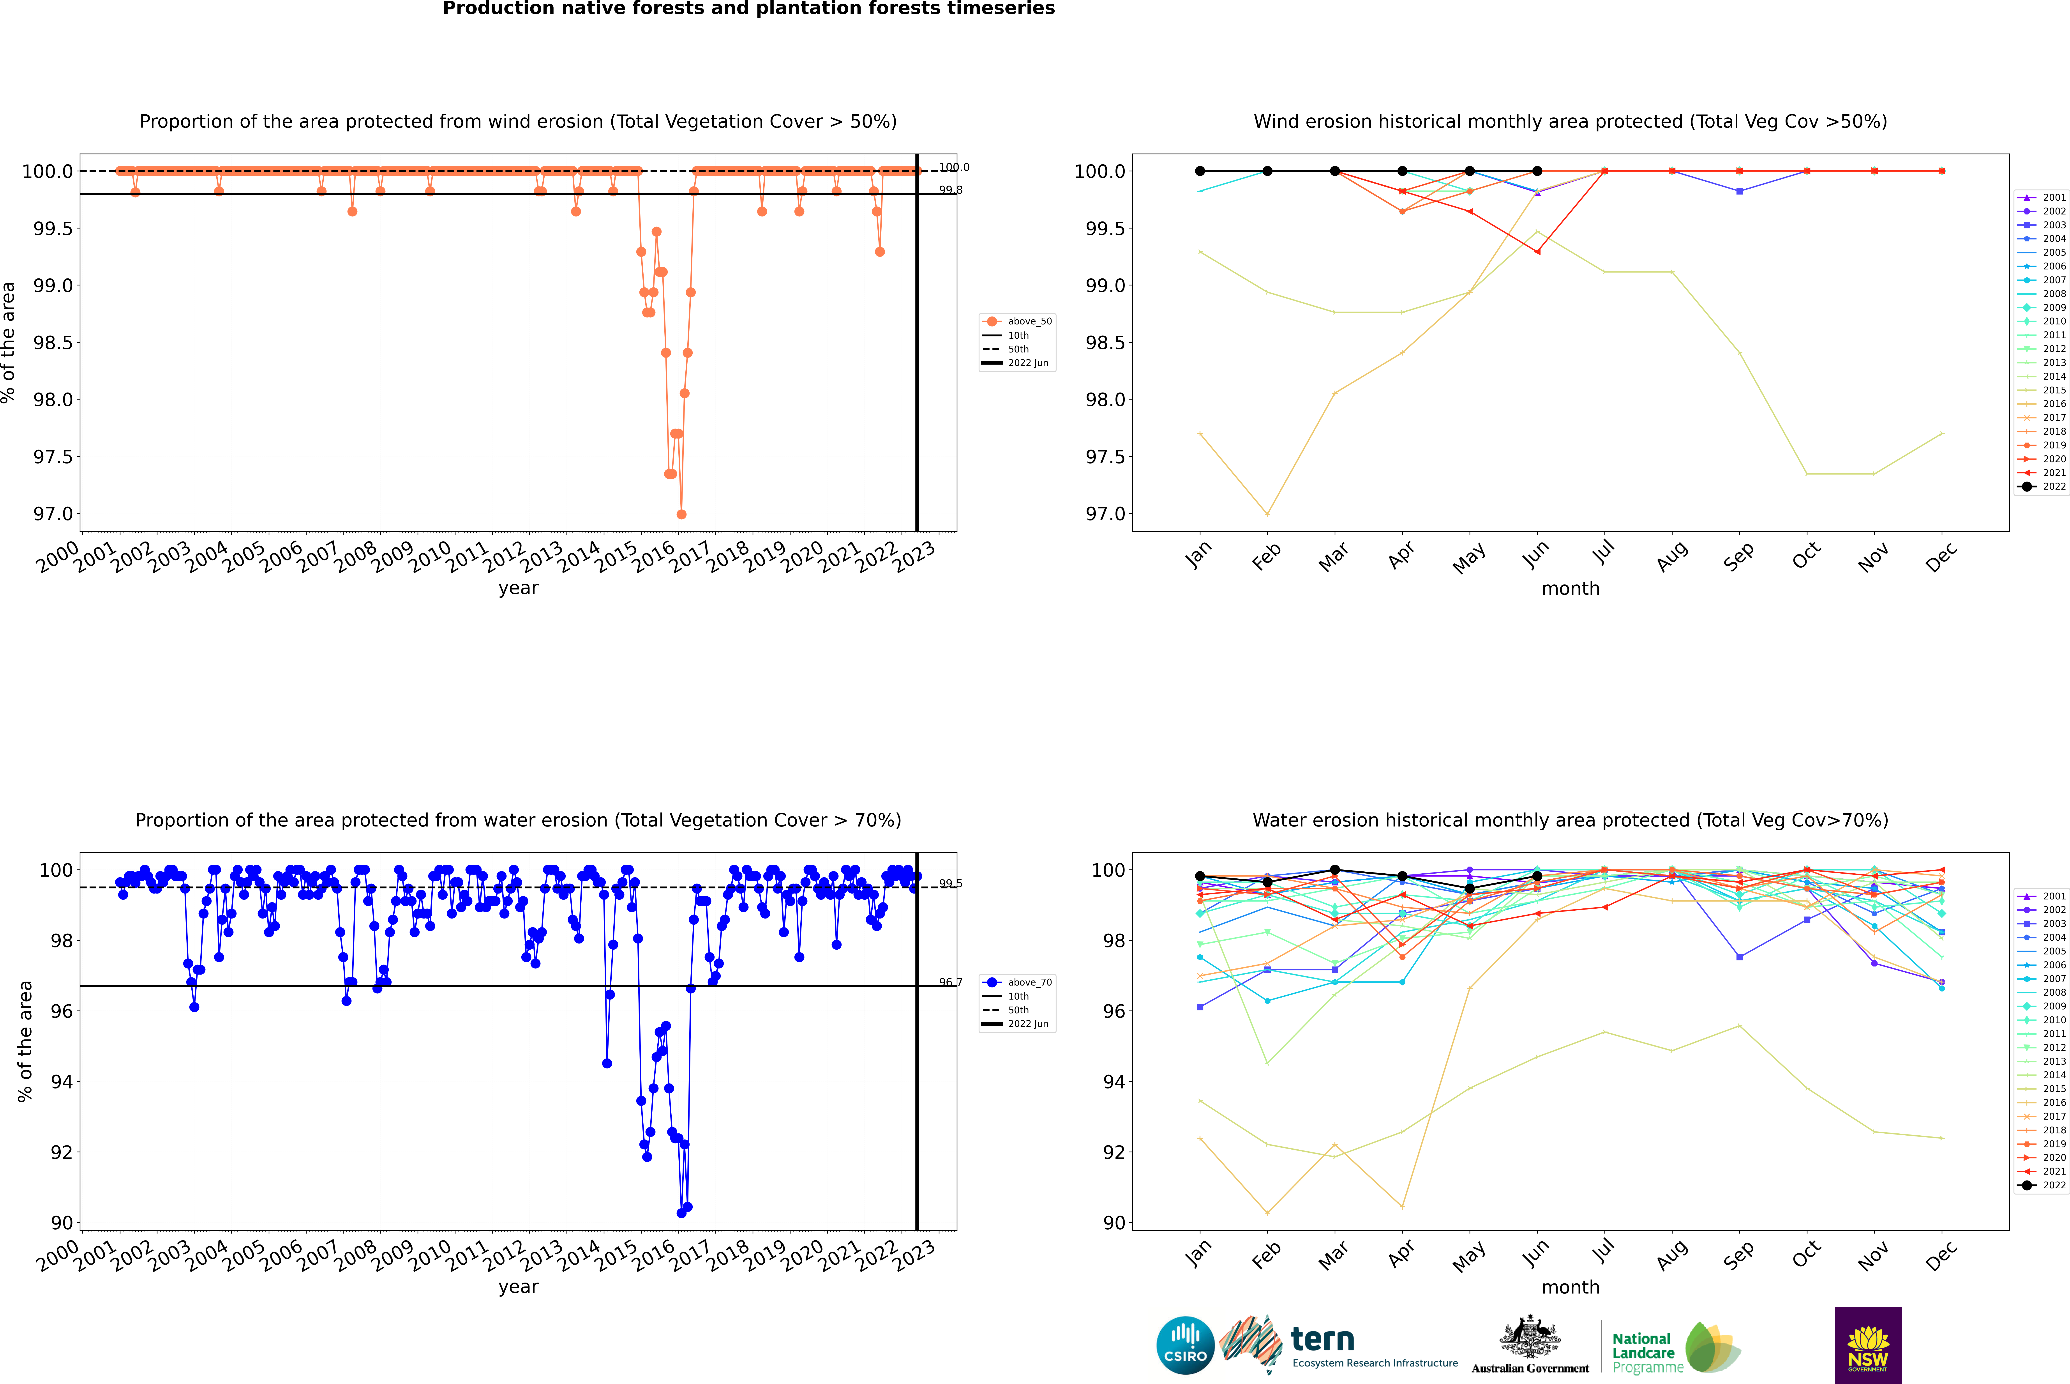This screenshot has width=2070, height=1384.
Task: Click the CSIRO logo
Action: pos(1185,1345)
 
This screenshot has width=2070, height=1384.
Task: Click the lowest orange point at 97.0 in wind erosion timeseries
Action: pos(681,514)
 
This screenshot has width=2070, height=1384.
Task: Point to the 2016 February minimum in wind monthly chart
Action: pos(1267,514)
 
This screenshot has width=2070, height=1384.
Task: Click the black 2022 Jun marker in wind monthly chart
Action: pos(1537,171)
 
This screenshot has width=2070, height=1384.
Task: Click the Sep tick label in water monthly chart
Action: pos(1738,1254)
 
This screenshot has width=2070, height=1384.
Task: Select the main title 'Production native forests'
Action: pos(748,9)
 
